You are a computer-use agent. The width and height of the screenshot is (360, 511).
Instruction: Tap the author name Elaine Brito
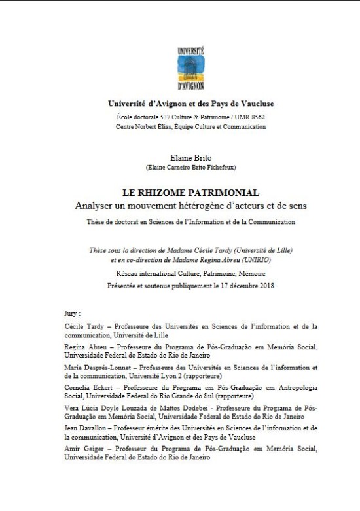181,158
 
